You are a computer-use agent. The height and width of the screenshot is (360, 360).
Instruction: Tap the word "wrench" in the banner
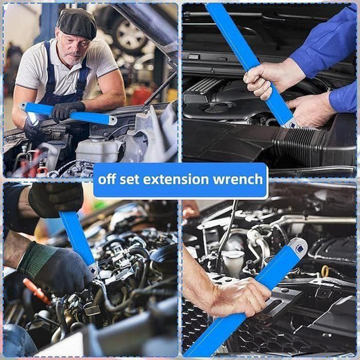pos(236,180)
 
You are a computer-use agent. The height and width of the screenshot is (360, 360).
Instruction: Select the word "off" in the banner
pos(110,180)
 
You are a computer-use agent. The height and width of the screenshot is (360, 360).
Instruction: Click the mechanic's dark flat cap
pos(76,24)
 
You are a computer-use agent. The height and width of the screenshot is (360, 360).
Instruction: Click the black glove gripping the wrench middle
pos(68,110)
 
